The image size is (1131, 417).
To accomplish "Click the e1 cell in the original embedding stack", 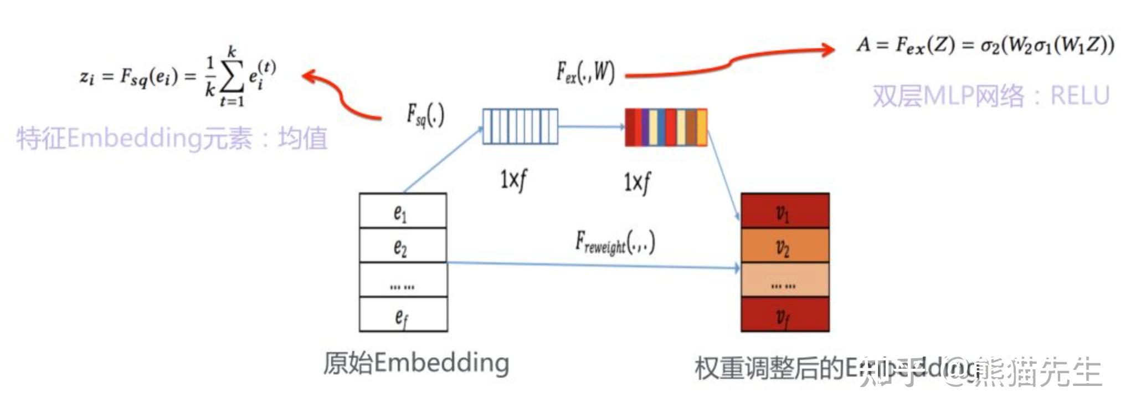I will pos(403,211).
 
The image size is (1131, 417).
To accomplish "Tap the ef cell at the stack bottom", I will pos(403,315).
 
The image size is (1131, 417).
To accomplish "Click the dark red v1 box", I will pos(784,211).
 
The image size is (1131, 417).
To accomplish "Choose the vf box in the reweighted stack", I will pos(784,315).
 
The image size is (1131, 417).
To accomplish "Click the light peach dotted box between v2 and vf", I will pos(784,281).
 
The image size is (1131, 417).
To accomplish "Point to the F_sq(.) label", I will pos(425,115).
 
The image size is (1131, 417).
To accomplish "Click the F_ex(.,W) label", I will pos(585,73).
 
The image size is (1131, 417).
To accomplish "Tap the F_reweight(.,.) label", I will pos(615,243).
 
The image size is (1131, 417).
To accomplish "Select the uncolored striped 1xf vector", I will pos(520,126).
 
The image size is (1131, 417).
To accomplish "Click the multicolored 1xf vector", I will pos(666,128).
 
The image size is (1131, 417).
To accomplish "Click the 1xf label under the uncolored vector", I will pos(513,180).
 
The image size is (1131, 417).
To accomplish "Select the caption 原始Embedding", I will pos(416,364).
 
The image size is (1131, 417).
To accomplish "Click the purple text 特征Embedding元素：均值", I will pos(172,139).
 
